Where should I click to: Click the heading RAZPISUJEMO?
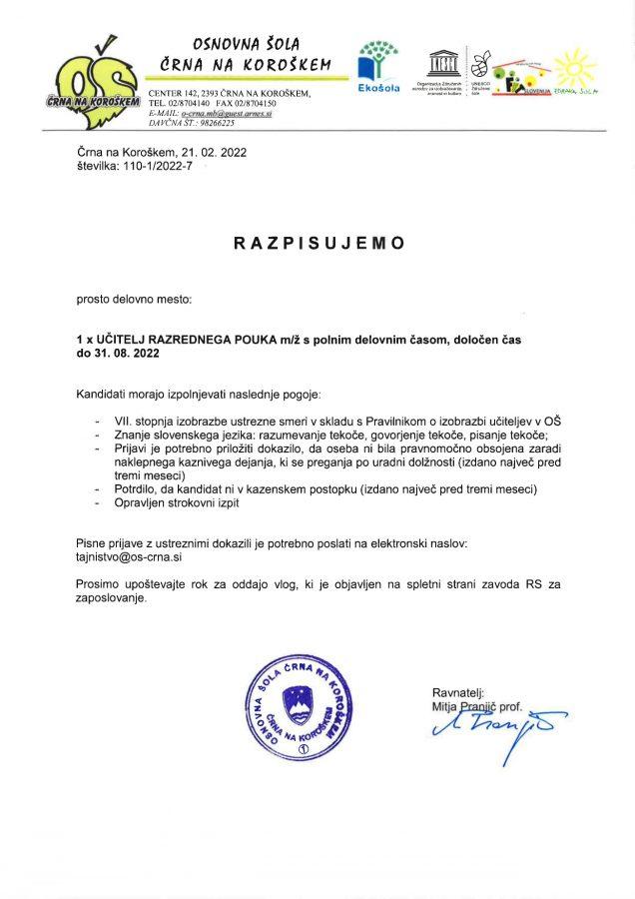318,243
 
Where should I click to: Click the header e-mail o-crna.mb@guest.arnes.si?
226,114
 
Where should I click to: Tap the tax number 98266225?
218,123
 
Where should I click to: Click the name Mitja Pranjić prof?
477,706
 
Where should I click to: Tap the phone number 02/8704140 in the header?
188,104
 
